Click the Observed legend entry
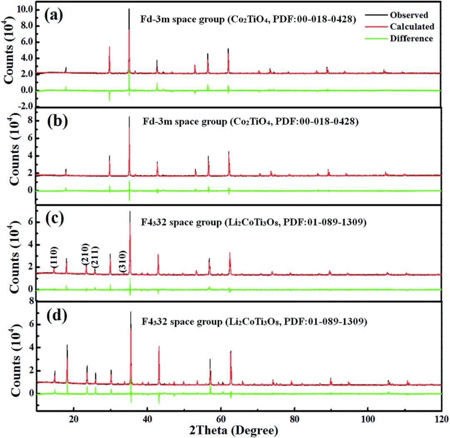(x=409, y=15)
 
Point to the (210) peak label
(x=85, y=256)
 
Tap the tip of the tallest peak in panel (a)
(x=129, y=9)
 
